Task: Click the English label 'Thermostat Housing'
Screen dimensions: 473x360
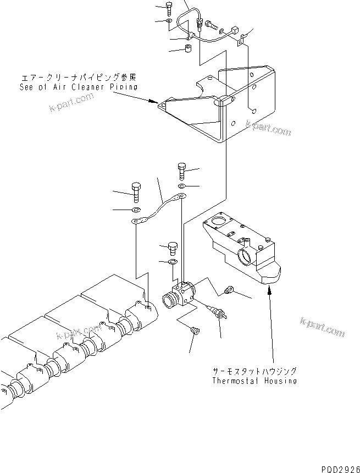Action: pyautogui.click(x=254, y=381)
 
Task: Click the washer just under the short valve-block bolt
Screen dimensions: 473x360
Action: pyautogui.click(x=172, y=261)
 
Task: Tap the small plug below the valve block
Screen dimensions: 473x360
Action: pyautogui.click(x=194, y=331)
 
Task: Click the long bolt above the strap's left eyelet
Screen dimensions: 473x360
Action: pyautogui.click(x=136, y=193)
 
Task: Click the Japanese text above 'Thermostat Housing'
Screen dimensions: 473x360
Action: pyautogui.click(x=254, y=371)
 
